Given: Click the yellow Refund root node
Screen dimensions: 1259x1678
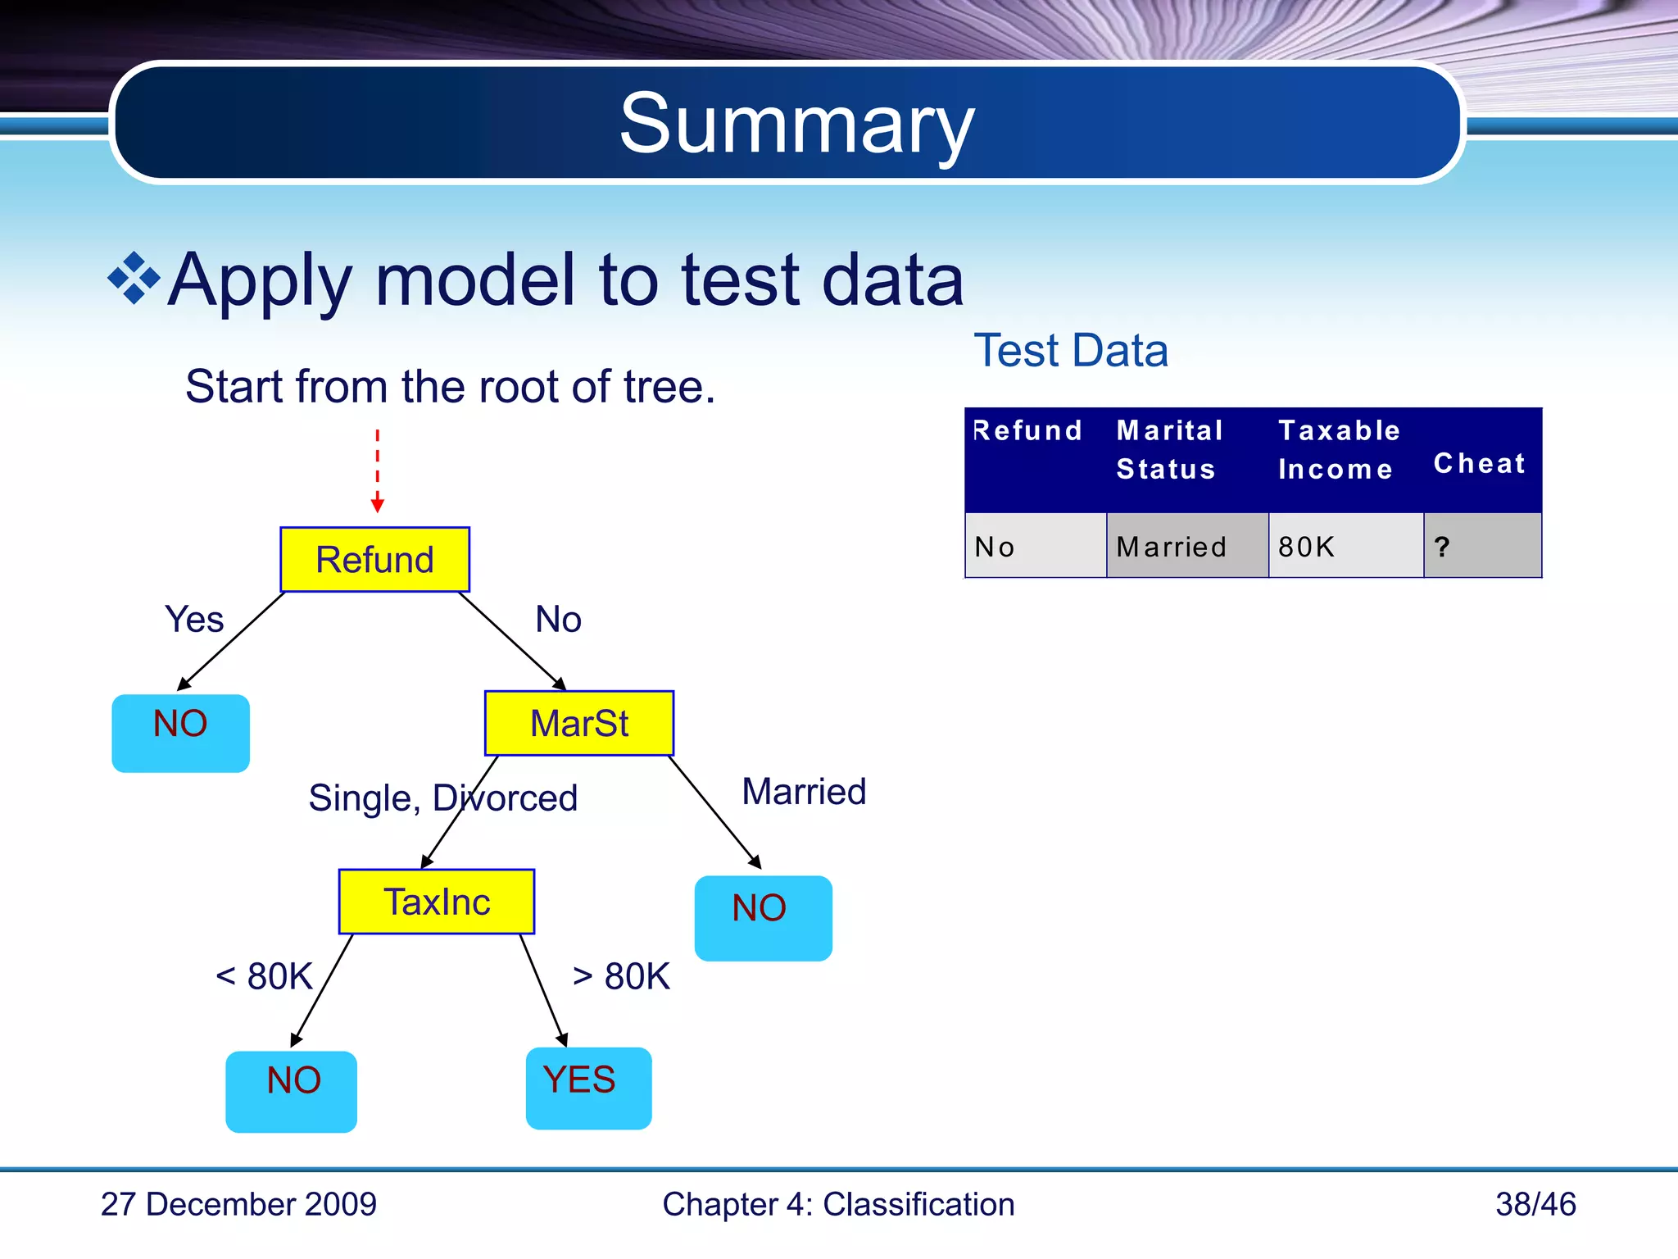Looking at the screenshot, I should click(374, 560).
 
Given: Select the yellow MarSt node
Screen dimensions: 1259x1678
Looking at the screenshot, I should click(578, 723).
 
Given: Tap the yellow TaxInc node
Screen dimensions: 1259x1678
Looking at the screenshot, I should click(437, 902).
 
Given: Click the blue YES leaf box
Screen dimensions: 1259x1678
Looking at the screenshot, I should click(588, 1088).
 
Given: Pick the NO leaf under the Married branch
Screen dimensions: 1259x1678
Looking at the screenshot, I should click(763, 917).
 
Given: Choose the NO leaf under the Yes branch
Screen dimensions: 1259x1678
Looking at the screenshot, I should click(180, 733).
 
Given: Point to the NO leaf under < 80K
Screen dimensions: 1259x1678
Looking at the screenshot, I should click(292, 1091).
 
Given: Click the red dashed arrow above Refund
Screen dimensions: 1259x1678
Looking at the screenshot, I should click(377, 471).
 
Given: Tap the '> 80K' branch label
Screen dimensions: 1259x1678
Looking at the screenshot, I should click(621, 976).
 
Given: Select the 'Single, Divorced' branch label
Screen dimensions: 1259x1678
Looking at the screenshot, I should click(442, 798).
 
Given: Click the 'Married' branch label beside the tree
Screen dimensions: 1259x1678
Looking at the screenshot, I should click(804, 792).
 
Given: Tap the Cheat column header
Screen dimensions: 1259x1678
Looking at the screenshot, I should click(1480, 463).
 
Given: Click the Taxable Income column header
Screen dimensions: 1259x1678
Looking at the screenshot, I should click(1339, 450).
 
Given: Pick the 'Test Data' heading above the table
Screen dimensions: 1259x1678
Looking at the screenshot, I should click(1070, 351).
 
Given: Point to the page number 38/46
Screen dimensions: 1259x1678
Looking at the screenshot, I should click(1535, 1204).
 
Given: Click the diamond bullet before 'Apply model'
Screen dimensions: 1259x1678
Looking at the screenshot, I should click(134, 279).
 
